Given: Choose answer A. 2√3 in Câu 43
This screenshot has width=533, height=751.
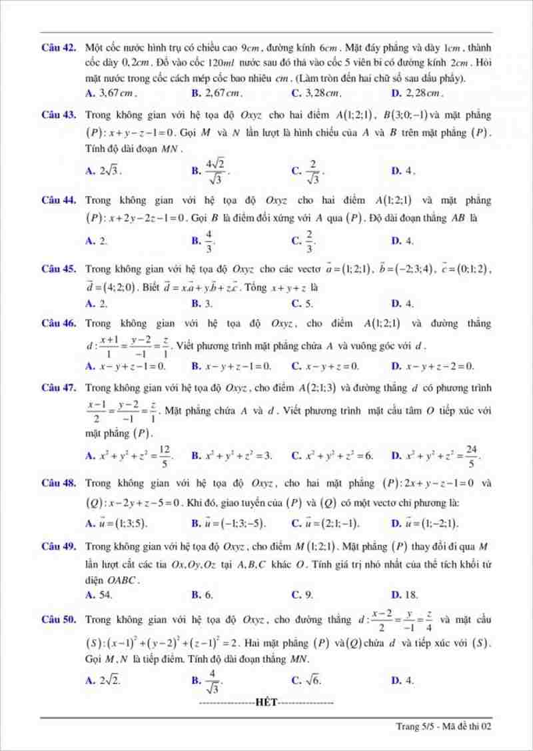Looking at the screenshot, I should point(104,171).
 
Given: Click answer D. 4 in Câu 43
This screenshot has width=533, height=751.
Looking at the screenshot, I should point(404,171).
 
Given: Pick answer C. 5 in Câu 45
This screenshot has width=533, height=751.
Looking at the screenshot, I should point(302,303).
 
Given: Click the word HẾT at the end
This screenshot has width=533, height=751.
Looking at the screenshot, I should point(266,702).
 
